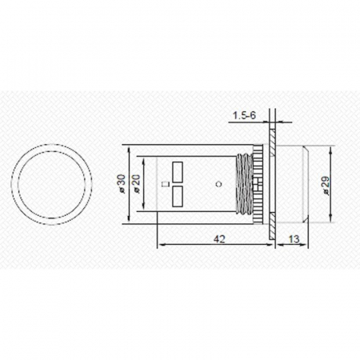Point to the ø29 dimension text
[x=324, y=185]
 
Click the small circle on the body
[x=218, y=184]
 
